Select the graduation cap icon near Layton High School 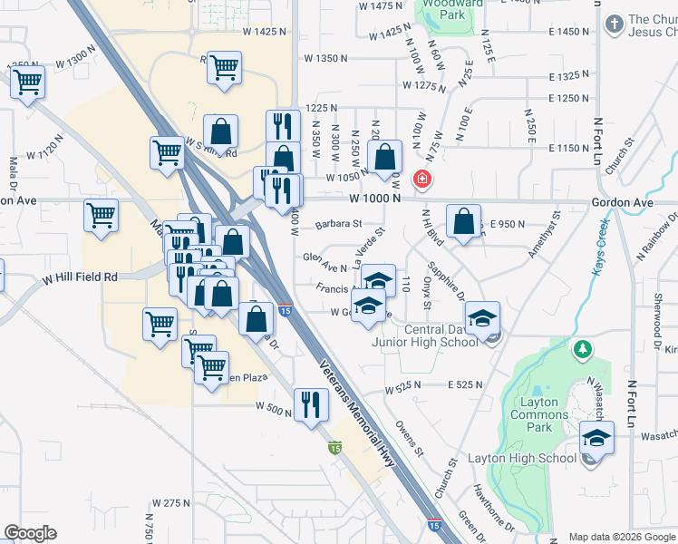(x=597, y=439)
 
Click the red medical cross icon (x=421, y=180)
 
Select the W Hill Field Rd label (x=80, y=277)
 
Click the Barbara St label (x=338, y=224)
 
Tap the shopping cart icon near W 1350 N (x=224, y=68)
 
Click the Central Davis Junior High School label (x=425, y=335)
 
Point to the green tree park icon (x=583, y=349)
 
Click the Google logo (x=30, y=533)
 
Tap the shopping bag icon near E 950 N (x=463, y=222)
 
